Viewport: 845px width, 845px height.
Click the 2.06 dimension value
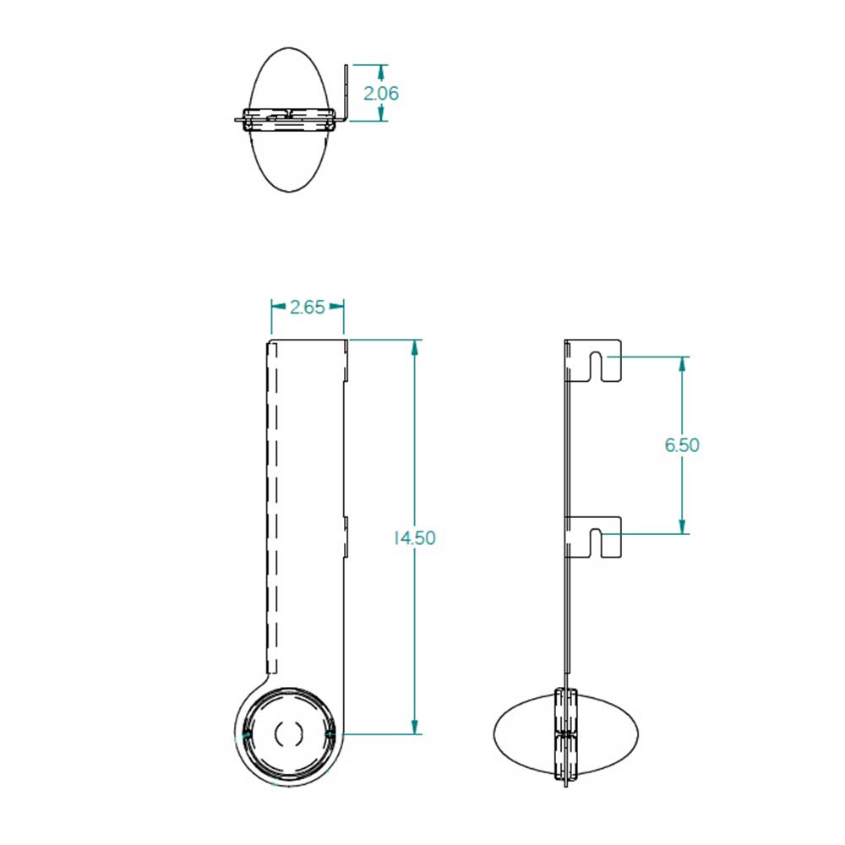[381, 93]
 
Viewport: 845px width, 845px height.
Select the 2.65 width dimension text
[308, 308]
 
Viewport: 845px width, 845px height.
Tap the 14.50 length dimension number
[414, 537]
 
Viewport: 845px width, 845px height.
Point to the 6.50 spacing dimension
[682, 445]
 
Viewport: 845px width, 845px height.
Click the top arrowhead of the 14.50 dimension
[414, 347]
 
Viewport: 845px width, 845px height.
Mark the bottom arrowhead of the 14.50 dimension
[414, 726]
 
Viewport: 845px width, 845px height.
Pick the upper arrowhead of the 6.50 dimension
[682, 364]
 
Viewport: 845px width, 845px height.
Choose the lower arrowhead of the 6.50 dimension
[682, 526]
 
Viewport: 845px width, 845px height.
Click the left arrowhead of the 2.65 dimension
[279, 306]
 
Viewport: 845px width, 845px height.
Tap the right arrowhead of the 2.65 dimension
[336, 306]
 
